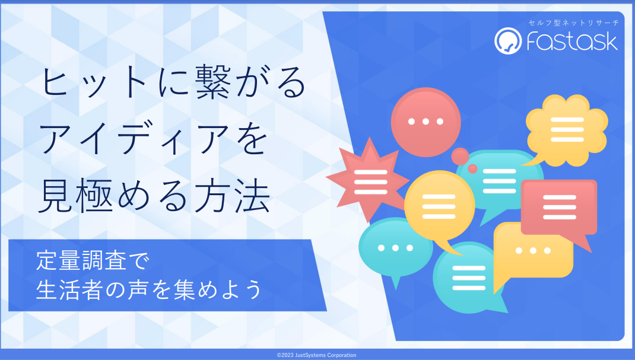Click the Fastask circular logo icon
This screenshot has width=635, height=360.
(508, 41)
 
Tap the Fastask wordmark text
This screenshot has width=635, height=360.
(572, 42)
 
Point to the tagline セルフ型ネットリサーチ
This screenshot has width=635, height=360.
(573, 23)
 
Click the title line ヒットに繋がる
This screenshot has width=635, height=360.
(173, 83)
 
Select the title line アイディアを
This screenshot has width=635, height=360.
(154, 140)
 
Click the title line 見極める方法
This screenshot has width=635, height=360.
(154, 196)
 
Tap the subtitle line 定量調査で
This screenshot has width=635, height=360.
(93, 261)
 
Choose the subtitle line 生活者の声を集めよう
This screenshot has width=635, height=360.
(148, 289)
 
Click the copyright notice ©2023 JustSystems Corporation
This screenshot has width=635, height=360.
(317, 355)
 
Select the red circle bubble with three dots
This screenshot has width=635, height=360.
(426, 122)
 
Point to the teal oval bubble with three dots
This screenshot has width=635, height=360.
(395, 247)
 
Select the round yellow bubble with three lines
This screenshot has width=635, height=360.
(439, 206)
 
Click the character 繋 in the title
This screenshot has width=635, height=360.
(213, 83)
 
